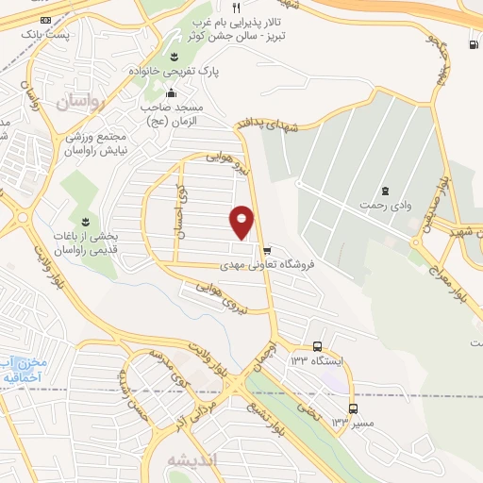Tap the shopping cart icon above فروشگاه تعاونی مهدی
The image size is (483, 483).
268,251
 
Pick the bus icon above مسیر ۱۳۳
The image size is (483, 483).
353,408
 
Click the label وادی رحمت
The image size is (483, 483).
385,205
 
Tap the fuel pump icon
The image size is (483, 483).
472,44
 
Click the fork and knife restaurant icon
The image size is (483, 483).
236,8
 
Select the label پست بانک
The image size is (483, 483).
47,33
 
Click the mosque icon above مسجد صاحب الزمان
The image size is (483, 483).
171,92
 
